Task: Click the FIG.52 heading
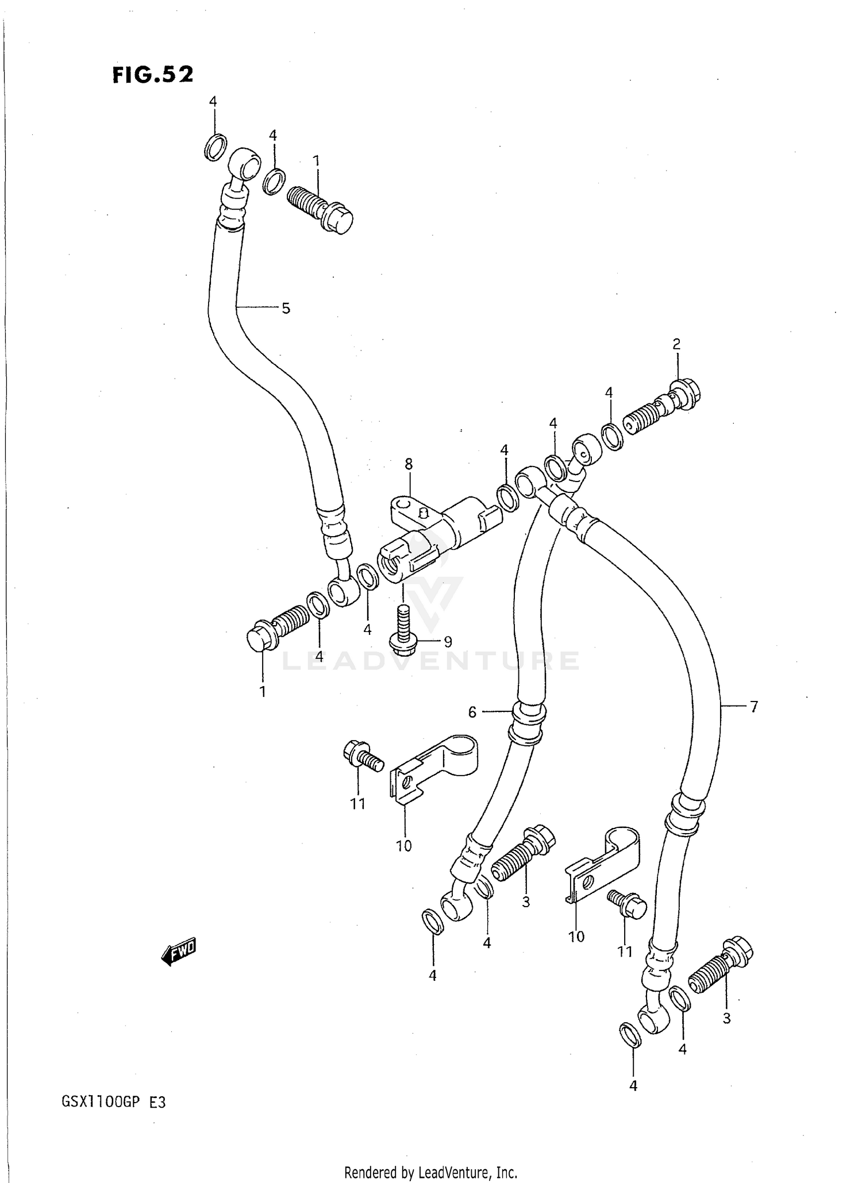click(153, 75)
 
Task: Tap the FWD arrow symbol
click(179, 953)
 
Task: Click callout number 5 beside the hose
click(286, 309)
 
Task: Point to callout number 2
click(676, 344)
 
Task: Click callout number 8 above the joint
click(409, 463)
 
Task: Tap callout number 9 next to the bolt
click(448, 641)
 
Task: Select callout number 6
click(472, 712)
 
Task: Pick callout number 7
click(753, 706)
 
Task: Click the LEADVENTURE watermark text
click(430, 661)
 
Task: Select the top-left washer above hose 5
click(215, 147)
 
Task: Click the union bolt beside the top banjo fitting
click(320, 209)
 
